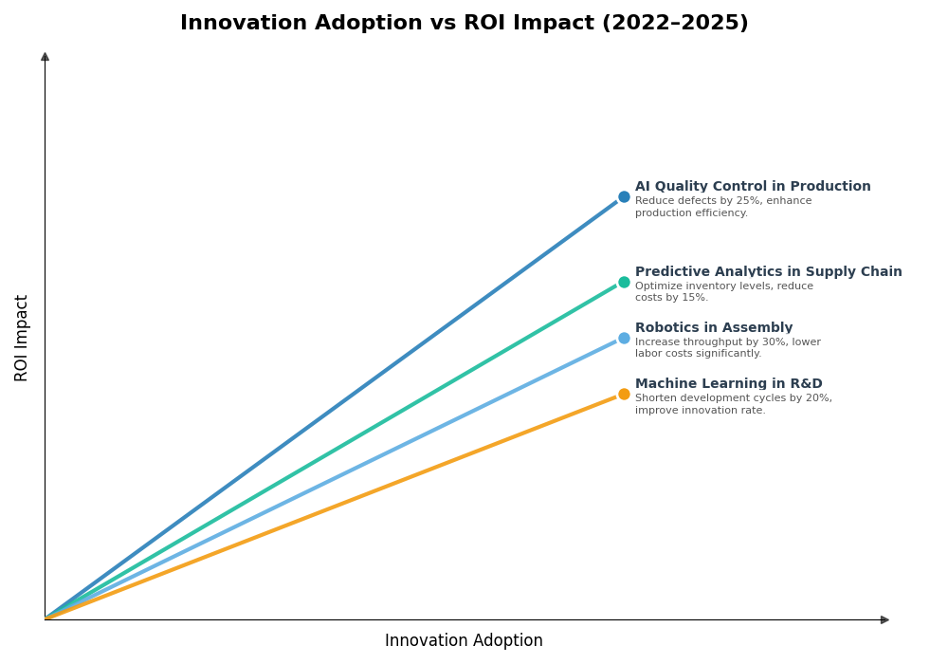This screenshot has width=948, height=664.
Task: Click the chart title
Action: [464, 23]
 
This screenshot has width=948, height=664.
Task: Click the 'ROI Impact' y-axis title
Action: [22, 338]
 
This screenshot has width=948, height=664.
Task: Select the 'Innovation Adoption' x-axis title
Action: [464, 641]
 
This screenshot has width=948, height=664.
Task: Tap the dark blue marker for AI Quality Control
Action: [624, 197]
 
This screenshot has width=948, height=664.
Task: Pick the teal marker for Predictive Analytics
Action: [624, 282]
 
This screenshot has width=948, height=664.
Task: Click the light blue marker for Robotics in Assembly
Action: [624, 338]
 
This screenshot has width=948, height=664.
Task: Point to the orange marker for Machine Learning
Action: [624, 394]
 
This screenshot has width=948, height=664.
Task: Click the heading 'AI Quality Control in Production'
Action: [753, 187]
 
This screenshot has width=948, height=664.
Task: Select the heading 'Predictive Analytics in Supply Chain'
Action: [768, 272]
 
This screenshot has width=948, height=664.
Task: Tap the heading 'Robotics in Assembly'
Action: [714, 328]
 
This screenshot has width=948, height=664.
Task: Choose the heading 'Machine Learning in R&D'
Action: [728, 384]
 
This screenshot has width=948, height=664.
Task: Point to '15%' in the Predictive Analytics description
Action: [695, 298]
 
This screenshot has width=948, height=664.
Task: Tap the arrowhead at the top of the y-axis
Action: [45, 57]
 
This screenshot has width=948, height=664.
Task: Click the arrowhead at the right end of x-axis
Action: [884, 619]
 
